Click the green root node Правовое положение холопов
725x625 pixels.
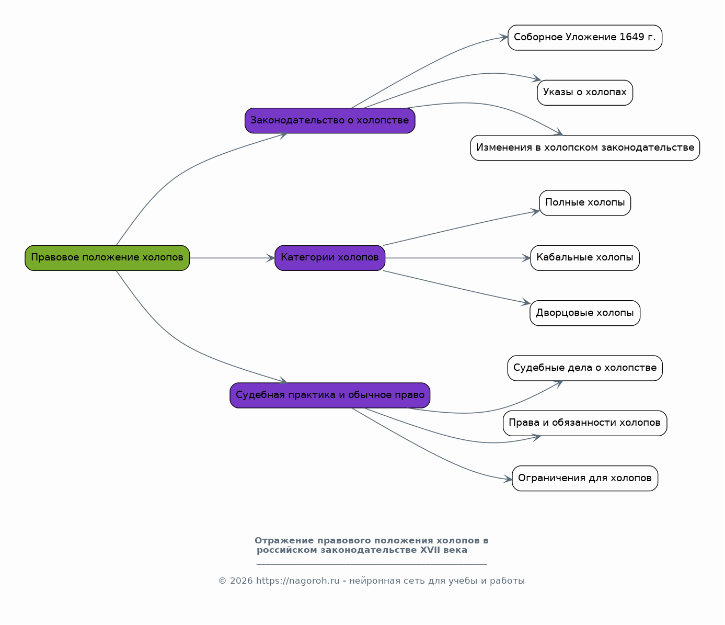point(107,258)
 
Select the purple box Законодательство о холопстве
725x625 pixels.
point(330,120)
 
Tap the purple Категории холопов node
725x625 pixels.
point(330,258)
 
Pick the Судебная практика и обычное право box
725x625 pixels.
point(330,395)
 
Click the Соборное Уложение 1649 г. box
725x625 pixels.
point(585,38)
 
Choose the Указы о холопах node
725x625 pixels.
point(585,93)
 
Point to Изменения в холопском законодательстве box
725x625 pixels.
point(585,147)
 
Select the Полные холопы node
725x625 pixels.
point(585,203)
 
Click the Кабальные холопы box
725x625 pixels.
point(585,258)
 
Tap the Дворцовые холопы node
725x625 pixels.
point(585,313)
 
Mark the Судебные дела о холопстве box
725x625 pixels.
point(585,368)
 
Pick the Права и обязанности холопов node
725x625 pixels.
point(585,423)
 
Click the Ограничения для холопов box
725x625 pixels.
point(585,479)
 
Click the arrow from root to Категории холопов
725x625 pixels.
point(232,258)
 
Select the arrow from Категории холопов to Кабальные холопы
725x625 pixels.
point(458,258)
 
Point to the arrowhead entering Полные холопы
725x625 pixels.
point(535,212)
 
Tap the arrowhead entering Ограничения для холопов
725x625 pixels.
point(508,479)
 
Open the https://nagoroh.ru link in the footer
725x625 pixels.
point(298,581)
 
